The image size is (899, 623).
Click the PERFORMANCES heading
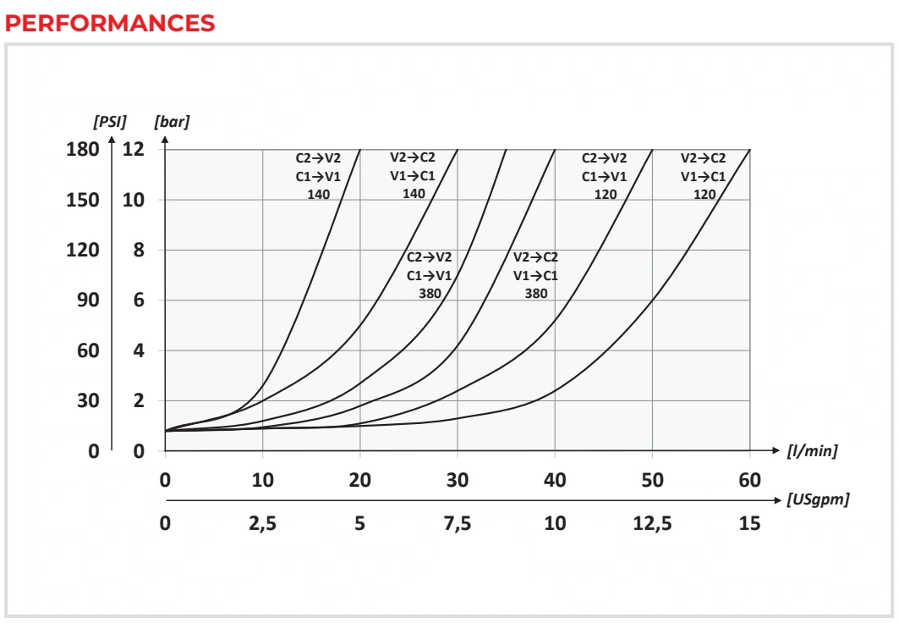tap(109, 24)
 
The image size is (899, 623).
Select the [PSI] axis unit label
tap(109, 122)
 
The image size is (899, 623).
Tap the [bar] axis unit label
tap(172, 122)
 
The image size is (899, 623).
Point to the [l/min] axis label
tap(813, 451)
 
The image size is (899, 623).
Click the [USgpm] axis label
tap(818, 499)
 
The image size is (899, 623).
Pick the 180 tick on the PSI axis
tap(83, 149)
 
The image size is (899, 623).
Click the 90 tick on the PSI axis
tap(88, 300)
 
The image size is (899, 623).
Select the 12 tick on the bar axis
tap(134, 149)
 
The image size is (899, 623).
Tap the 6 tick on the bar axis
tap(139, 300)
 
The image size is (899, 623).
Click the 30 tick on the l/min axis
tap(458, 480)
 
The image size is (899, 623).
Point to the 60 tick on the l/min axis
tap(750, 480)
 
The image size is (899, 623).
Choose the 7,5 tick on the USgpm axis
tap(458, 523)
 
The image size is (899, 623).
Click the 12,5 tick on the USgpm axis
tap(652, 523)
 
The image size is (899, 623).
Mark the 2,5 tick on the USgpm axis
tap(262, 523)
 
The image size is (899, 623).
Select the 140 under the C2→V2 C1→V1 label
tap(318, 195)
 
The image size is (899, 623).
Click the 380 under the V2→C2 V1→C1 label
tap(536, 294)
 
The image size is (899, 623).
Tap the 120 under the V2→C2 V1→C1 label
tap(704, 195)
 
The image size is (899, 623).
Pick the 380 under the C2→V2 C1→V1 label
tap(430, 294)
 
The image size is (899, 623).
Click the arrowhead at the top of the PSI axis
tap(112, 138)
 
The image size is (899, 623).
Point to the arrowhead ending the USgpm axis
tap(778, 500)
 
